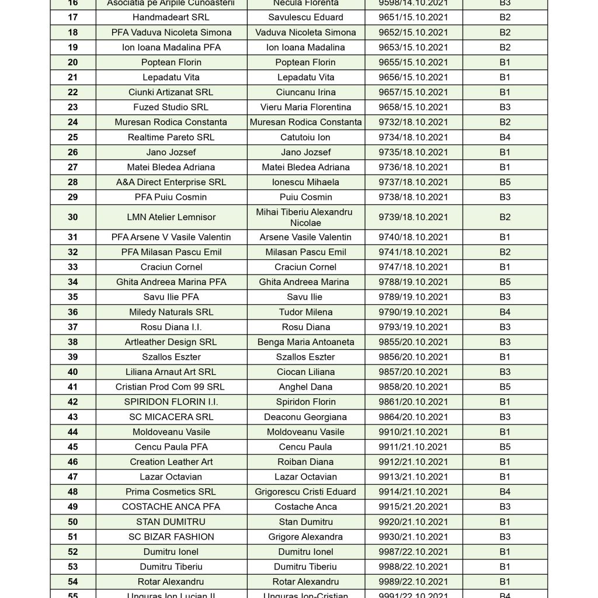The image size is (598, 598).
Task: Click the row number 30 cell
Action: (72, 217)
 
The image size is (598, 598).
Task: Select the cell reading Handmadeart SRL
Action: (171, 18)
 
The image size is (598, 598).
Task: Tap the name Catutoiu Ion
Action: (305, 137)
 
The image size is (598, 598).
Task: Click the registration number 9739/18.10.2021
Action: (413, 217)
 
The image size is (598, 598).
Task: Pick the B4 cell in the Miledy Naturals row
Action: (505, 312)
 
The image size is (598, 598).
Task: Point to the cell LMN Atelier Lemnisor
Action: (171, 217)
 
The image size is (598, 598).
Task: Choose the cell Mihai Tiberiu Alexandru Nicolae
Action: (305, 217)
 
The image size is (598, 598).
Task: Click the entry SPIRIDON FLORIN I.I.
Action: (171, 402)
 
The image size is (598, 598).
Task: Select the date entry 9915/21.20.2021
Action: (413, 507)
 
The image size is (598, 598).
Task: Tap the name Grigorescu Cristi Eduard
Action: (305, 492)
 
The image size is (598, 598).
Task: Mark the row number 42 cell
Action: (72, 402)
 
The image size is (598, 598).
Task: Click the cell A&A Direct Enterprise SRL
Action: (171, 182)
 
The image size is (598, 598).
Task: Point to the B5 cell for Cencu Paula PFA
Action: (505, 447)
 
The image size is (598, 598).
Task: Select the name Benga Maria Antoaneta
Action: (305, 342)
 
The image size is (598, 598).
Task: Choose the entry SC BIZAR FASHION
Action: (171, 537)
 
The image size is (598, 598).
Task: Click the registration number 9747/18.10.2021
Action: (413, 267)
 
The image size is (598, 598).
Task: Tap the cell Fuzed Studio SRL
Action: (171, 107)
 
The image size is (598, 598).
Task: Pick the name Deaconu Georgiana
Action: (305, 417)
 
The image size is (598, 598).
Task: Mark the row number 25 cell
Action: (72, 137)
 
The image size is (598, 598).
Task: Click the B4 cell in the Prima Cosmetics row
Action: (505, 492)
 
